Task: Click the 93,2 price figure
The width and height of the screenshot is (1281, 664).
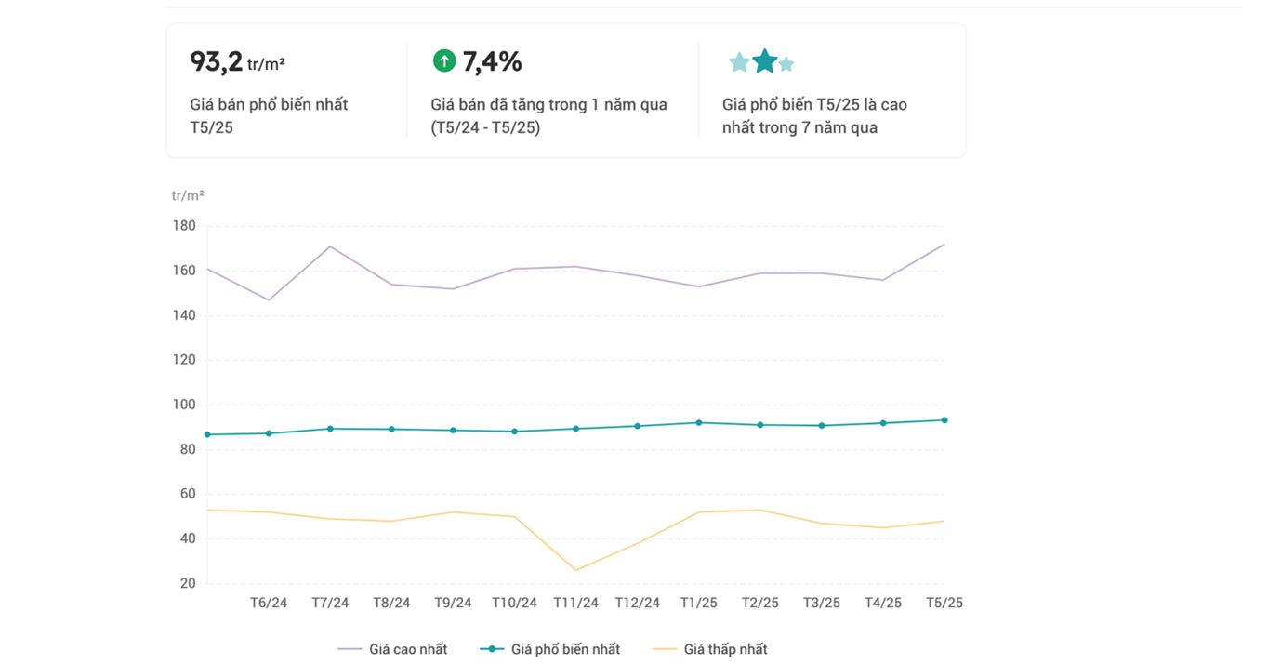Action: (x=216, y=61)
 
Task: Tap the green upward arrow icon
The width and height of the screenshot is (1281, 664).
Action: (x=444, y=61)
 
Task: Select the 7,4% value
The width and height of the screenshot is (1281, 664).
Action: (x=492, y=61)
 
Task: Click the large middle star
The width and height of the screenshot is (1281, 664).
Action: (x=764, y=61)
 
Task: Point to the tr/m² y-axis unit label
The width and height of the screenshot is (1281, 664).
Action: (x=188, y=195)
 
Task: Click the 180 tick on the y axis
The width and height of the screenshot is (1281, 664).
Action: (x=184, y=226)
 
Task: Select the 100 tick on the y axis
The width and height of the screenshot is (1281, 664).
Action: (x=184, y=405)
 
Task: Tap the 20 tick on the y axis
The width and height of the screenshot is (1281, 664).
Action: (x=187, y=583)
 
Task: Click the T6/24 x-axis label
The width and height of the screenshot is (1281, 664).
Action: (x=269, y=603)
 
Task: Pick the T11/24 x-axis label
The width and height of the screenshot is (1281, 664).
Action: (x=575, y=603)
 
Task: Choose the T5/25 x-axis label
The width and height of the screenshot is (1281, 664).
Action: (x=944, y=603)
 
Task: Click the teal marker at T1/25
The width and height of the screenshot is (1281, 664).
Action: (x=698, y=422)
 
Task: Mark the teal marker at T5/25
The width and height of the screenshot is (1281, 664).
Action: (x=944, y=420)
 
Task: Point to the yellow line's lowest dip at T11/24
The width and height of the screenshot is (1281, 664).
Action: (x=575, y=570)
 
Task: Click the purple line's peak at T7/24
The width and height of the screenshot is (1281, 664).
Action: (x=330, y=246)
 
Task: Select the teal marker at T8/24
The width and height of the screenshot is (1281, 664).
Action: (x=391, y=429)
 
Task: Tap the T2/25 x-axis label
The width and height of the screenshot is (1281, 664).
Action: (x=759, y=603)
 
